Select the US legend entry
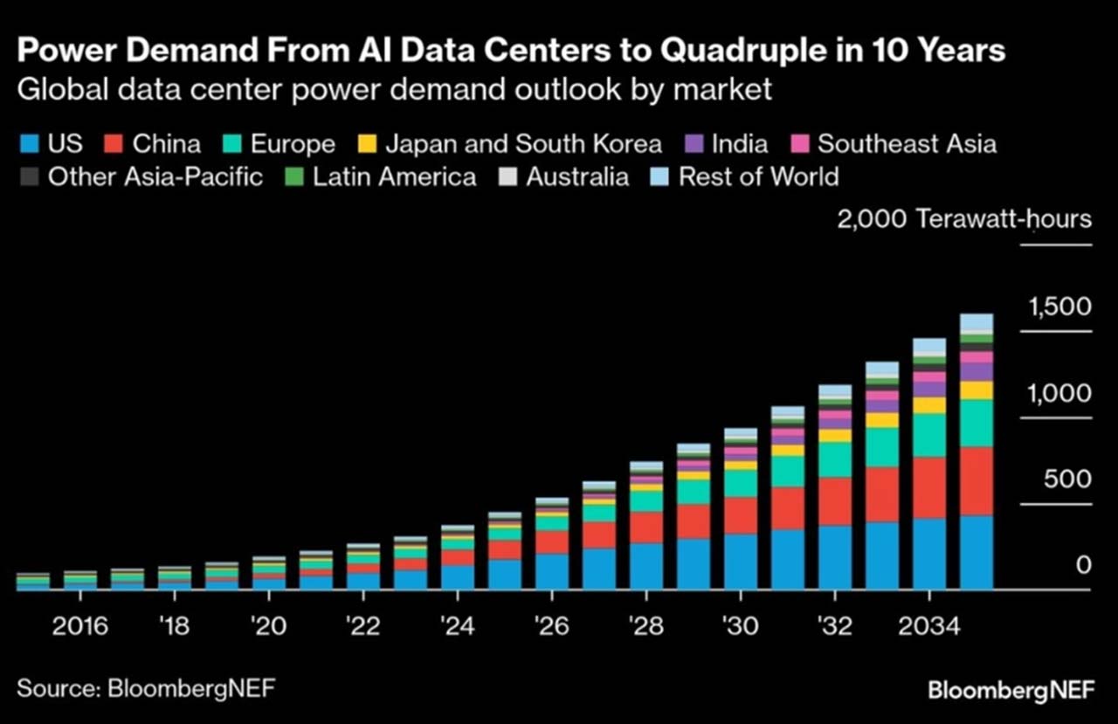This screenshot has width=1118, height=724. [53, 143]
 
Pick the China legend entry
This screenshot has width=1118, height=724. [154, 143]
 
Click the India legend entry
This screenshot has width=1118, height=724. [725, 143]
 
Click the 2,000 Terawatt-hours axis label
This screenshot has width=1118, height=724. [964, 218]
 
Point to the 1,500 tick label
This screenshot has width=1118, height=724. [1059, 307]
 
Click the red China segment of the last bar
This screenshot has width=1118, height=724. [976, 480]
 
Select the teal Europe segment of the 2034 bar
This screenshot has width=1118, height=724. [928, 435]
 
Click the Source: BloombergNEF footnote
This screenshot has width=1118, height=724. [146, 688]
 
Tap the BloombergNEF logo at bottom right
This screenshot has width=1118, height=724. [1010, 691]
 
